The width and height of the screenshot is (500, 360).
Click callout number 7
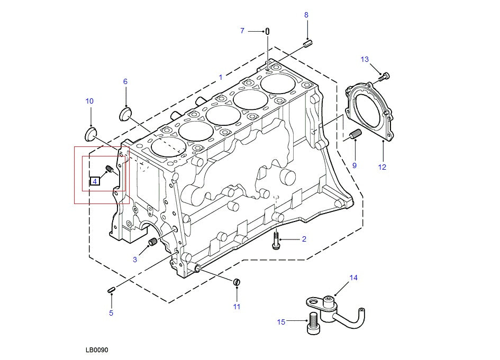coord(242,31)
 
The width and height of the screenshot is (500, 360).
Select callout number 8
coord(306,15)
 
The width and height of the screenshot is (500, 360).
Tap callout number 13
coord(365,59)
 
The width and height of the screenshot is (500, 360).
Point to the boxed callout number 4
coord(95,181)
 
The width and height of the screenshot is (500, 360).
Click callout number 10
coord(89,101)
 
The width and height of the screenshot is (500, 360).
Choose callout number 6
coord(125,81)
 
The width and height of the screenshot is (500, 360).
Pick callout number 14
coord(353,278)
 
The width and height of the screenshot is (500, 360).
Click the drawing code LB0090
coord(96,350)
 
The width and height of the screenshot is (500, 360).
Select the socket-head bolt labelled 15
coord(312,324)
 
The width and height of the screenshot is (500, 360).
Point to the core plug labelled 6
coord(125,113)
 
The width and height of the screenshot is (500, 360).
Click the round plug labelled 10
coord(91,132)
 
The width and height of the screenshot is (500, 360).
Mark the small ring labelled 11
coord(238,281)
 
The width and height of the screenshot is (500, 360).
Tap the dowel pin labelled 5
coord(111,289)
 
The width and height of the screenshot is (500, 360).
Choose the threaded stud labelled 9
coord(354,135)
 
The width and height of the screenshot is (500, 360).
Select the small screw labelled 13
coord(384,77)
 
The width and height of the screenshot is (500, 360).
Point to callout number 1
coord(221,78)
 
